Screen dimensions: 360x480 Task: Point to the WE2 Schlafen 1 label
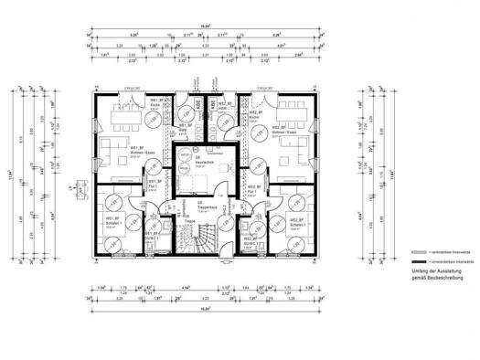click(x=295, y=222)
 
